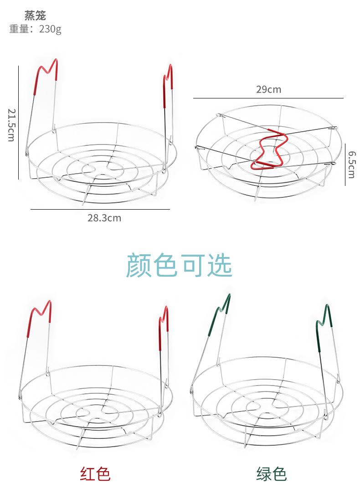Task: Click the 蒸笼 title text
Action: pyautogui.click(x=35, y=16)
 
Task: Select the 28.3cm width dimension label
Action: pyautogui.click(x=104, y=218)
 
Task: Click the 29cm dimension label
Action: pyautogui.click(x=268, y=89)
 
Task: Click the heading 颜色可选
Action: pyautogui.click(x=179, y=265)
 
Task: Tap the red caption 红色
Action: pyautogui.click(x=95, y=474)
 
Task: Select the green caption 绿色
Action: pyautogui.click(x=271, y=474)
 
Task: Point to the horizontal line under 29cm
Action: pyautogui.click(x=268, y=98)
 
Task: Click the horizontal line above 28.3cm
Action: pyautogui.click(x=100, y=209)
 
